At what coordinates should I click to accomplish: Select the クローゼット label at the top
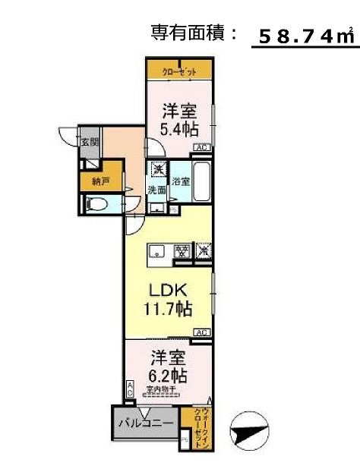[179, 71]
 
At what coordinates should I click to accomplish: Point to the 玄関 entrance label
[90, 143]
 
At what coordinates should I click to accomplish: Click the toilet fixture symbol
[96, 204]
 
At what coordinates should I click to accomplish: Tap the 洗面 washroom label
[156, 190]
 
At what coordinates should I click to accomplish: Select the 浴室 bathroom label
[180, 182]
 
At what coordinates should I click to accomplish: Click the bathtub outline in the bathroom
[201, 181]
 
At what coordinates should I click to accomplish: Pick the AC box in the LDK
[202, 332]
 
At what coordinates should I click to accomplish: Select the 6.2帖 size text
[169, 374]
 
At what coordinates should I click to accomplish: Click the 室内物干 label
[162, 390]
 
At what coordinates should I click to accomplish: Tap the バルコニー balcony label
[146, 424]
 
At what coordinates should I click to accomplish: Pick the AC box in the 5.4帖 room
[201, 148]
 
